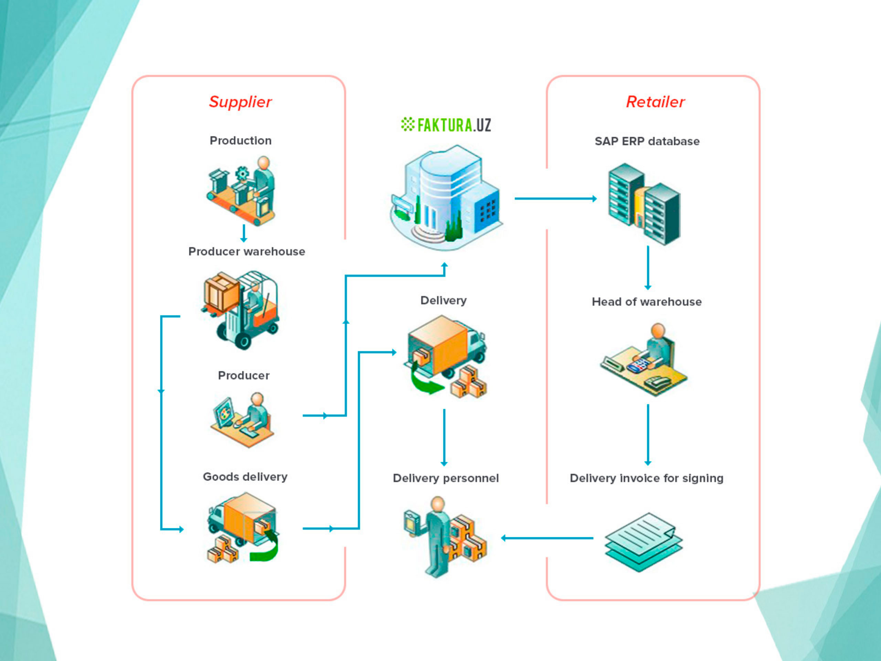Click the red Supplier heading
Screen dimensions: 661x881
point(240,102)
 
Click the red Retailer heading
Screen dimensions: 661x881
point(655,102)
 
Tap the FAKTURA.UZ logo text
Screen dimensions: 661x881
point(446,125)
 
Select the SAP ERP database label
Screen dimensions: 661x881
point(647,141)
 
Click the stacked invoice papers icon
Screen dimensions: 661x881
point(643,542)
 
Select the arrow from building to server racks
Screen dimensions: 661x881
point(555,198)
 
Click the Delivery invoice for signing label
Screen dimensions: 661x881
point(646,478)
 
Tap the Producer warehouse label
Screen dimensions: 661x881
point(246,251)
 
